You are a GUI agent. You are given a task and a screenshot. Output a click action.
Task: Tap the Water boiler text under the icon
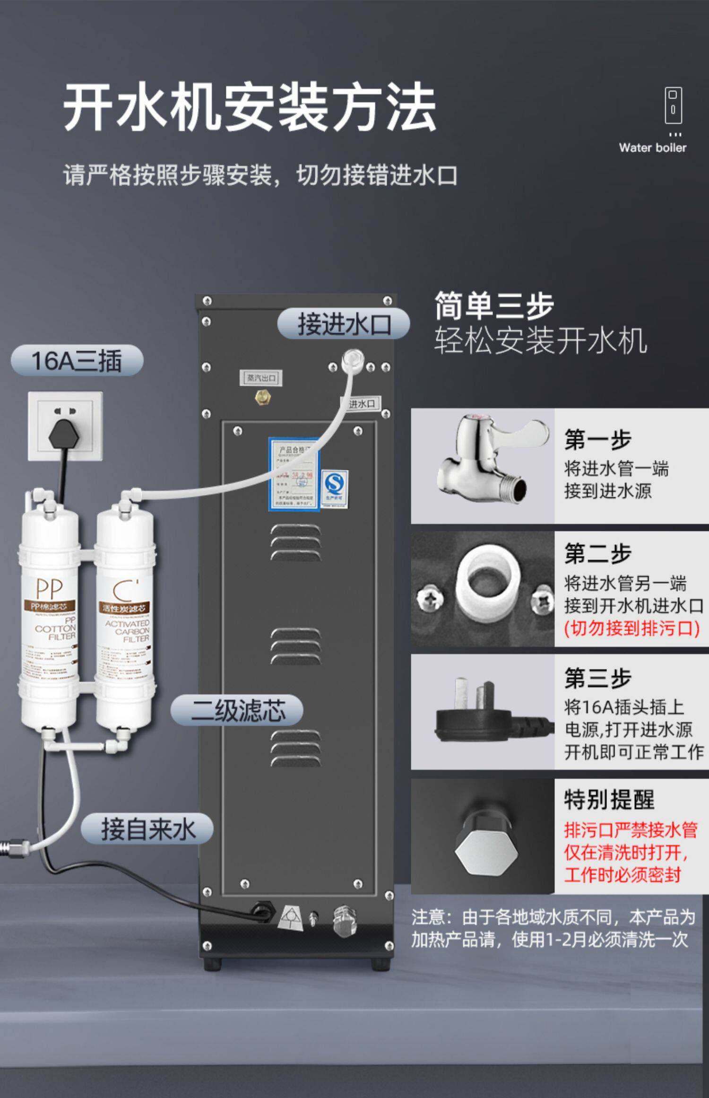point(652,148)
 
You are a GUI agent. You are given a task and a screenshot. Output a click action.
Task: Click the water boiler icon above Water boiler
point(673,105)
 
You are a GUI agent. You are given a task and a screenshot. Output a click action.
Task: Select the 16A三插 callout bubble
point(77,361)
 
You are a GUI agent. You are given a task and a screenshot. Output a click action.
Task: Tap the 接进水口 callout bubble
point(344,324)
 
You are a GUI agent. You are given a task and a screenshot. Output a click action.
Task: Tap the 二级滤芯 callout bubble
point(237,711)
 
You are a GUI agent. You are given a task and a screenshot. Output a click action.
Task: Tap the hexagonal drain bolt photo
point(483,838)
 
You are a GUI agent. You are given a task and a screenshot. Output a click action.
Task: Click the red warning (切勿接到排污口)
point(631,629)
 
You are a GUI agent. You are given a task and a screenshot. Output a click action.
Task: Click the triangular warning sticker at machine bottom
point(291,919)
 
